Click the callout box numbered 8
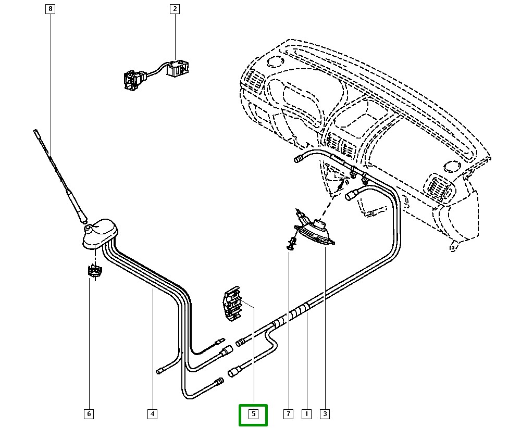pos(50,9)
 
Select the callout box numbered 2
pos(174,9)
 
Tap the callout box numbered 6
pos(89,414)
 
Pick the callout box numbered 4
pos(152,414)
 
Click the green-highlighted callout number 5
pos(253,414)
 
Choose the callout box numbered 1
pos(306,414)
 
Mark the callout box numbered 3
pos(325,414)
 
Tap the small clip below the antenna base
pos(94,272)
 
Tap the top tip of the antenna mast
pos(35,131)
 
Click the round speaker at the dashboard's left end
pos(272,62)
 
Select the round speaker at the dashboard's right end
pos(451,166)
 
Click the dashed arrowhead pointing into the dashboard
pos(341,182)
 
